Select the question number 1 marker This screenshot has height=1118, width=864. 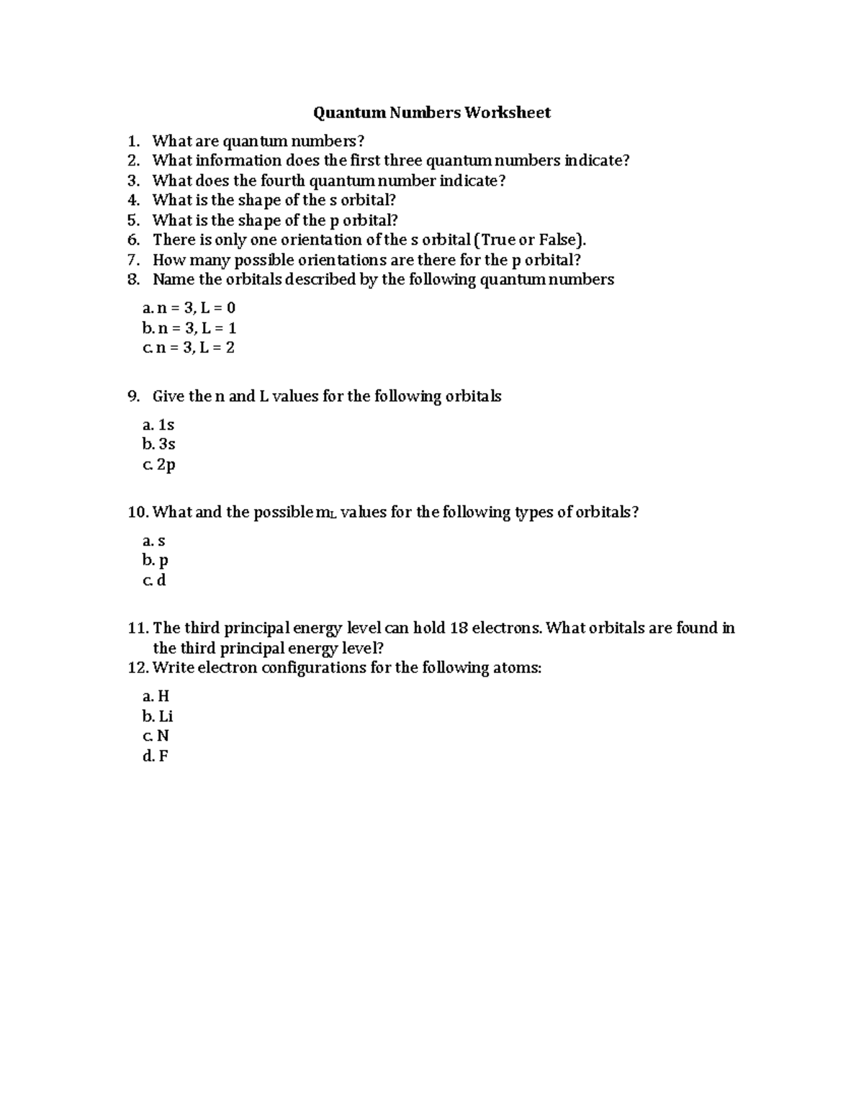click(x=132, y=140)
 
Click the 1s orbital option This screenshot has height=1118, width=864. click(x=166, y=425)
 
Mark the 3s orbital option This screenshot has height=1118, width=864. click(x=166, y=444)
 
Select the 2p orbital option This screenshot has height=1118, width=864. click(x=166, y=464)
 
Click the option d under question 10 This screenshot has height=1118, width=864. click(x=161, y=580)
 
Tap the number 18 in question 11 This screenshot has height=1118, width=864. click(x=458, y=628)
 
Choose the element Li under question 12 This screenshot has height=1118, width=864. click(x=166, y=716)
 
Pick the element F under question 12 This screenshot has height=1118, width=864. click(x=163, y=756)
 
